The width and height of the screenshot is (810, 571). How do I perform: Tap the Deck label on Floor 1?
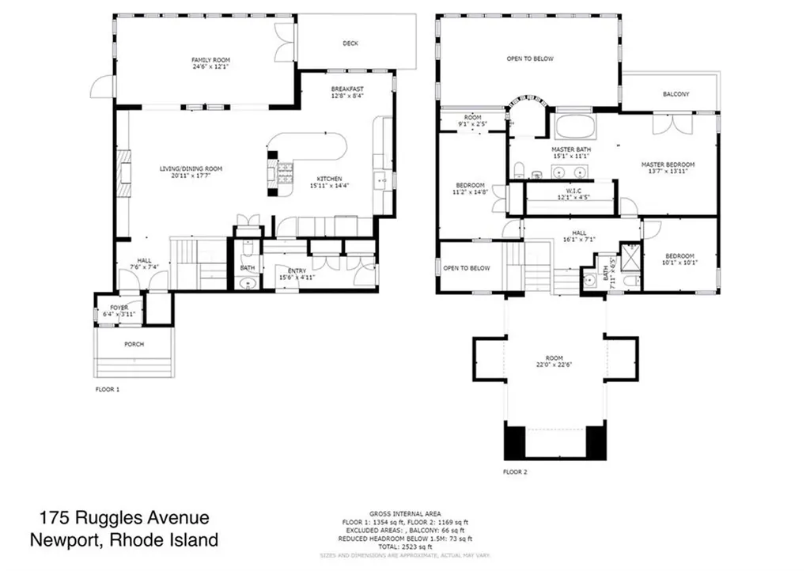click(350, 43)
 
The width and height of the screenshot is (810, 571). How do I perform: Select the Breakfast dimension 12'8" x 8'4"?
click(347, 96)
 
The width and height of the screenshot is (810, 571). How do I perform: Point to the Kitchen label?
click(329, 179)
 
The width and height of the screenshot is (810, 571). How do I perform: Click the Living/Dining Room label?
click(191, 168)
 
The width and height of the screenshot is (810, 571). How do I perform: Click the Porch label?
click(134, 345)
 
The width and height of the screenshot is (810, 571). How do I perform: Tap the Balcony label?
click(676, 94)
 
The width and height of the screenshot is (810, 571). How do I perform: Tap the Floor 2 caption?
click(514, 472)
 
